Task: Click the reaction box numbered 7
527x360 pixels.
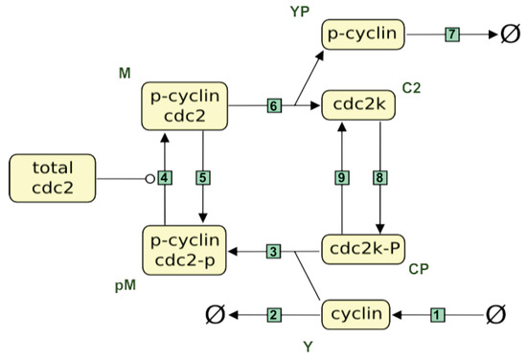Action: pyautogui.click(x=451, y=34)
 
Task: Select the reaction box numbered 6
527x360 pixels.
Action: pyautogui.click(x=274, y=105)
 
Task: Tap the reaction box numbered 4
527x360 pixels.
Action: pyautogui.click(x=165, y=178)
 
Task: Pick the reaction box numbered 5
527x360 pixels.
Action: pyautogui.click(x=203, y=178)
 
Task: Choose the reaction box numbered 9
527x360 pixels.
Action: pyautogui.click(x=342, y=178)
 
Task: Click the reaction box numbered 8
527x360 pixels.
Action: pyautogui.click(x=380, y=178)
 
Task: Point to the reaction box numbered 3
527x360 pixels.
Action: pyautogui.click(x=274, y=252)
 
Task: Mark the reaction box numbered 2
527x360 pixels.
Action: pyautogui.click(x=274, y=314)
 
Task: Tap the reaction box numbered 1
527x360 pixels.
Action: pyautogui.click(x=438, y=314)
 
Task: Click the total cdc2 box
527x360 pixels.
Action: pyautogui.click(x=53, y=178)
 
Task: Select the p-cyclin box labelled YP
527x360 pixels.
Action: pyautogui.click(x=362, y=34)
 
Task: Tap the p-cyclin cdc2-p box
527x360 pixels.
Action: pyautogui.click(x=184, y=252)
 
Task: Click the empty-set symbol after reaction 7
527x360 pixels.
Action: pyautogui.click(x=508, y=34)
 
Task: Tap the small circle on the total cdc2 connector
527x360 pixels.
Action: pyautogui.click(x=149, y=178)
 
